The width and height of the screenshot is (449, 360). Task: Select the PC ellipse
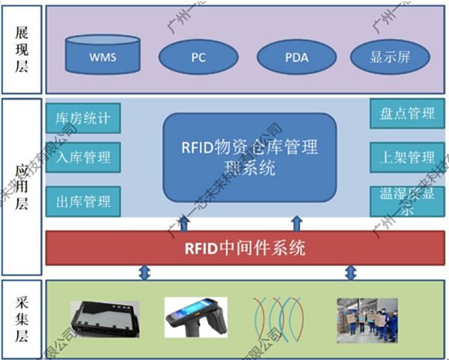198,56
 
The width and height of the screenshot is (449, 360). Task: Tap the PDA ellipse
296,56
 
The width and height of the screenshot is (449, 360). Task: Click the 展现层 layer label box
22,47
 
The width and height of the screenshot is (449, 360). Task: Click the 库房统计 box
83,118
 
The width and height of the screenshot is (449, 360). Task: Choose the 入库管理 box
83,157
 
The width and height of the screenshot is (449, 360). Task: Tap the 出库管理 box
83,201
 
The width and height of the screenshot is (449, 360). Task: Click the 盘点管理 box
407,114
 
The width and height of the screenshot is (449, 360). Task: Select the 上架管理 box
407,157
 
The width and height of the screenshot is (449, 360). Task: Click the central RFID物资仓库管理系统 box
249,157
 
